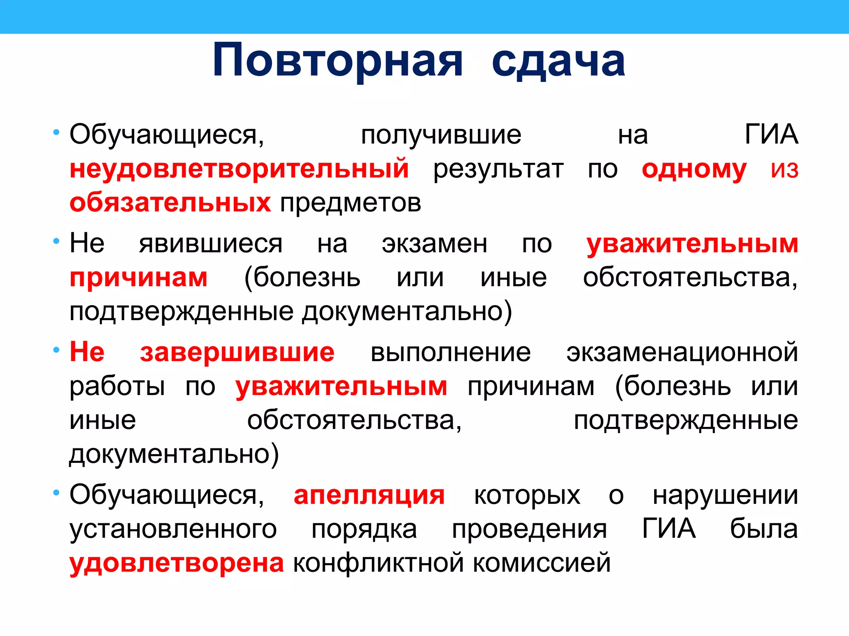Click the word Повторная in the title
[337, 61]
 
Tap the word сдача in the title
[558, 61]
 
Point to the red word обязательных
[170, 203]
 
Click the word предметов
[351, 203]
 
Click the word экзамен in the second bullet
[434, 243]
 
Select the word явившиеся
[211, 243]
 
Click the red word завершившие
[237, 352]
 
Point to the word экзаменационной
[682, 352]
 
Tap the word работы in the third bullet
[117, 386]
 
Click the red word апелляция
[369, 495]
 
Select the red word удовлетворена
[177, 563]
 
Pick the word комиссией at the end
[542, 563]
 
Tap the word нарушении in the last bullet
[725, 495]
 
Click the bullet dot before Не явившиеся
[56, 241]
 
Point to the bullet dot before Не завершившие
[56, 350]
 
